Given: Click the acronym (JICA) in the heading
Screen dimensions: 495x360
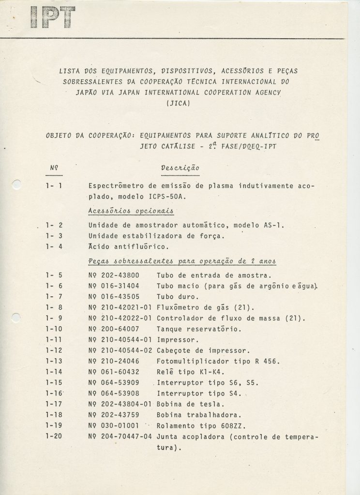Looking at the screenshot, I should [x=179, y=102].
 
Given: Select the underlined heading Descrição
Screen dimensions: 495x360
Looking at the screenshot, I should [x=180, y=168].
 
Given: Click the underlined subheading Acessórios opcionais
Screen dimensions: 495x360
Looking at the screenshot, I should [x=131, y=211].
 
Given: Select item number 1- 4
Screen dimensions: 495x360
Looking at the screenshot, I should [x=54, y=247].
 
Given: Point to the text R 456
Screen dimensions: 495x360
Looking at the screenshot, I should [x=268, y=361].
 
